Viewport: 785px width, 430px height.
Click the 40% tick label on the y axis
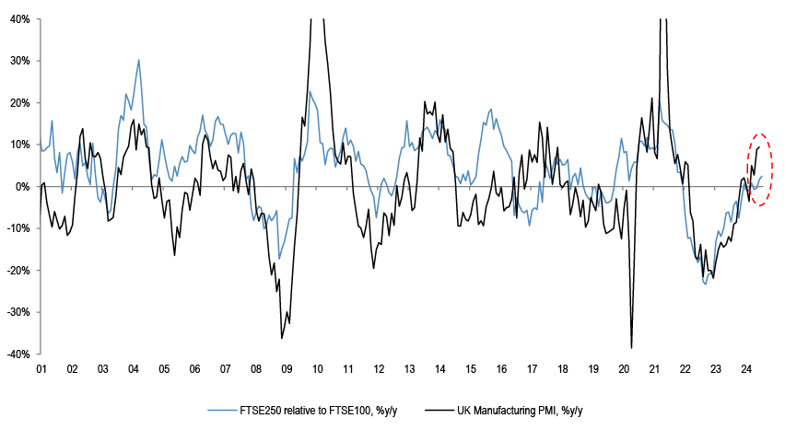(18, 18)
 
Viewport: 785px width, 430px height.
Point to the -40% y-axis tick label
(16, 354)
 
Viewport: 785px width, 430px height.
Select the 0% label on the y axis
(21, 186)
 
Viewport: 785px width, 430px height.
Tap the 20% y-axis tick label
(18, 102)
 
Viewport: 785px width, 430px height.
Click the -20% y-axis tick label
(16, 270)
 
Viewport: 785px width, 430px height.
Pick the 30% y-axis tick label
(18, 61)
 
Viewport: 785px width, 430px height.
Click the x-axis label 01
(41, 369)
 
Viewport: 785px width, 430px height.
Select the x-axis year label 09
(287, 369)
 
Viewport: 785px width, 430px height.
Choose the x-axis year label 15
(470, 369)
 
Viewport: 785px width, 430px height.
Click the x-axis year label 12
(379, 369)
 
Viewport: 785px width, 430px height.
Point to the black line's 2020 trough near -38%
(631, 347)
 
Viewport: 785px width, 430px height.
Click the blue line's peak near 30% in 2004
(139, 60)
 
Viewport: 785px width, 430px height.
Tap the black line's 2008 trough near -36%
(282, 338)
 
